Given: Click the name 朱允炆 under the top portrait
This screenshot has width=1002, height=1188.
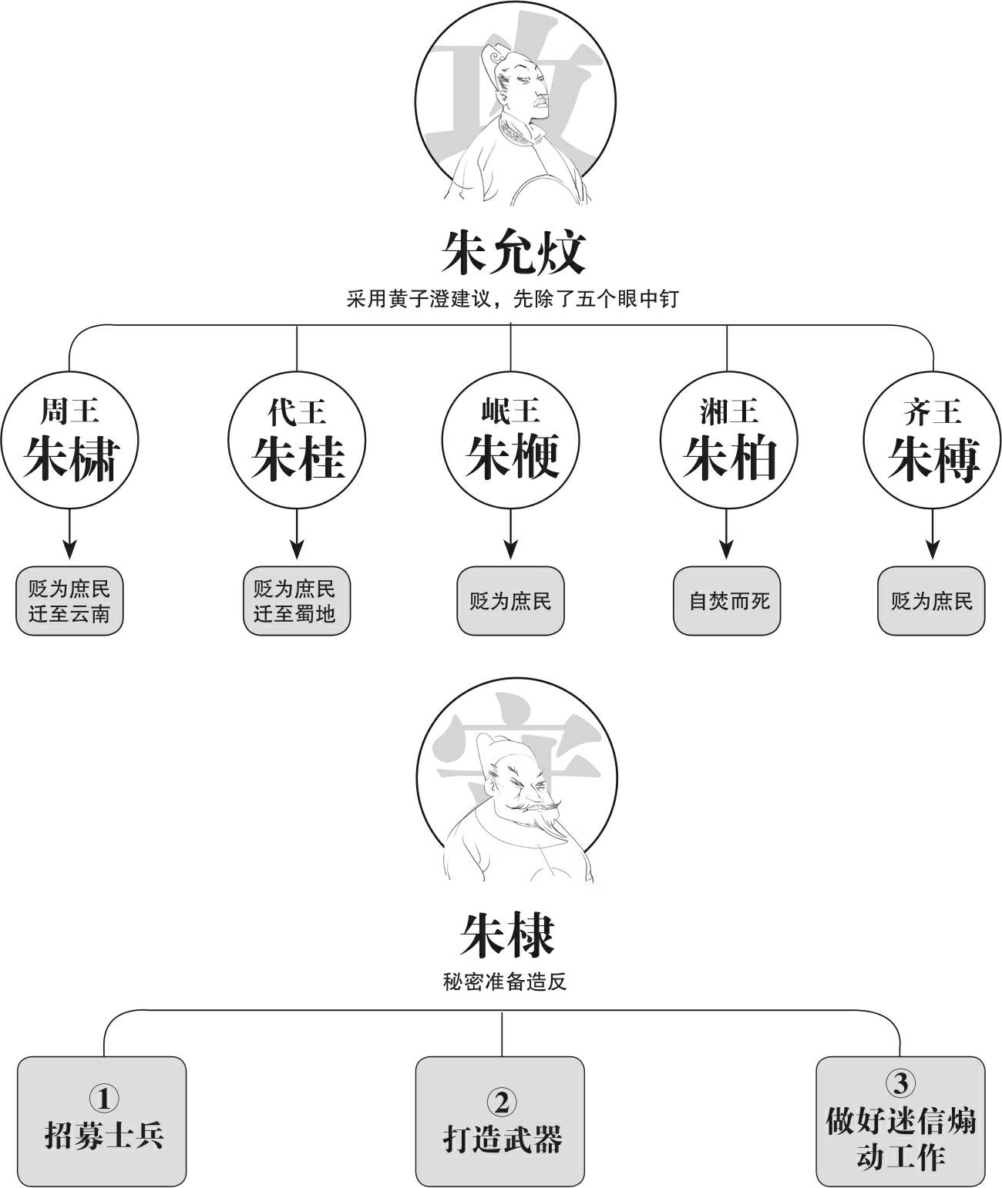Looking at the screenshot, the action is pyautogui.click(x=513, y=253).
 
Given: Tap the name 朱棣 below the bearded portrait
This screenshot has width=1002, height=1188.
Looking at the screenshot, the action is pyautogui.click(x=507, y=935).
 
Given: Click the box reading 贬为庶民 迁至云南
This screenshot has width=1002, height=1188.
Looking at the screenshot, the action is pyautogui.click(x=69, y=601).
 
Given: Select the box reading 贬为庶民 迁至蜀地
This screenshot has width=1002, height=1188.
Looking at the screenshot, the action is pyautogui.click(x=297, y=601).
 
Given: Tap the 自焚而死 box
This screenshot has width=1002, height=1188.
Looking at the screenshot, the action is pyautogui.click(x=727, y=601).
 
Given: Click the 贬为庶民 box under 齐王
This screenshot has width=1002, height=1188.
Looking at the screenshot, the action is pyautogui.click(x=931, y=601).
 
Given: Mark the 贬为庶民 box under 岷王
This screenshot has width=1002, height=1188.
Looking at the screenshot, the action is pyautogui.click(x=511, y=601).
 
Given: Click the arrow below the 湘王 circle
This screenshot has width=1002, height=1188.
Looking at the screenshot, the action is pyautogui.click(x=726, y=534).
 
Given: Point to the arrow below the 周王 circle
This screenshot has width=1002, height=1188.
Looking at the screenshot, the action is pyautogui.click(x=69, y=534).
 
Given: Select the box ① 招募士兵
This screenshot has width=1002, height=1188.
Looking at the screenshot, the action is pyautogui.click(x=102, y=1122).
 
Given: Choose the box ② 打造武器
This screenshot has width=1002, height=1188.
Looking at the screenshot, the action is pyautogui.click(x=500, y=1122).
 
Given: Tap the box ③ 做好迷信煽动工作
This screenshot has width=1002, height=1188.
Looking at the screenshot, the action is pyautogui.click(x=901, y=1122).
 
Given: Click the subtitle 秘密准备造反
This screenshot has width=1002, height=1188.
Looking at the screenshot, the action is pyautogui.click(x=505, y=982).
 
